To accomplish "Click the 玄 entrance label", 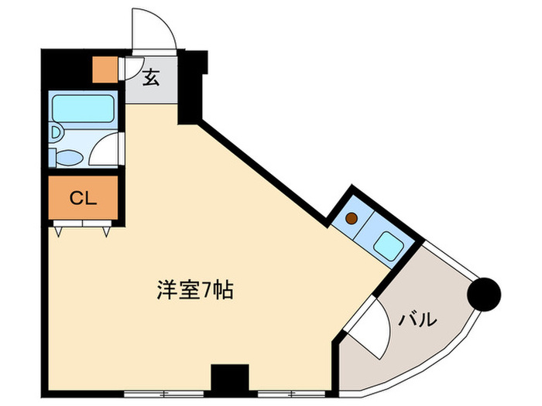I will [x=151, y=77].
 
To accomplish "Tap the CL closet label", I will [x=83, y=199].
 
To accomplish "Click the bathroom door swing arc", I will [x=107, y=151].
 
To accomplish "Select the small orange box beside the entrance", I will [x=103, y=70].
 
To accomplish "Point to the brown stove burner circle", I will [x=352, y=218].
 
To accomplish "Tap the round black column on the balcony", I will [x=486, y=294].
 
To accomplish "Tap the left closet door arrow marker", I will [x=59, y=229].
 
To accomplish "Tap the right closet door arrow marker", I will [x=105, y=229].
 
